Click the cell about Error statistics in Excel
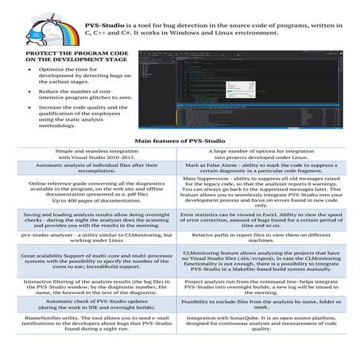[268, 220]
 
